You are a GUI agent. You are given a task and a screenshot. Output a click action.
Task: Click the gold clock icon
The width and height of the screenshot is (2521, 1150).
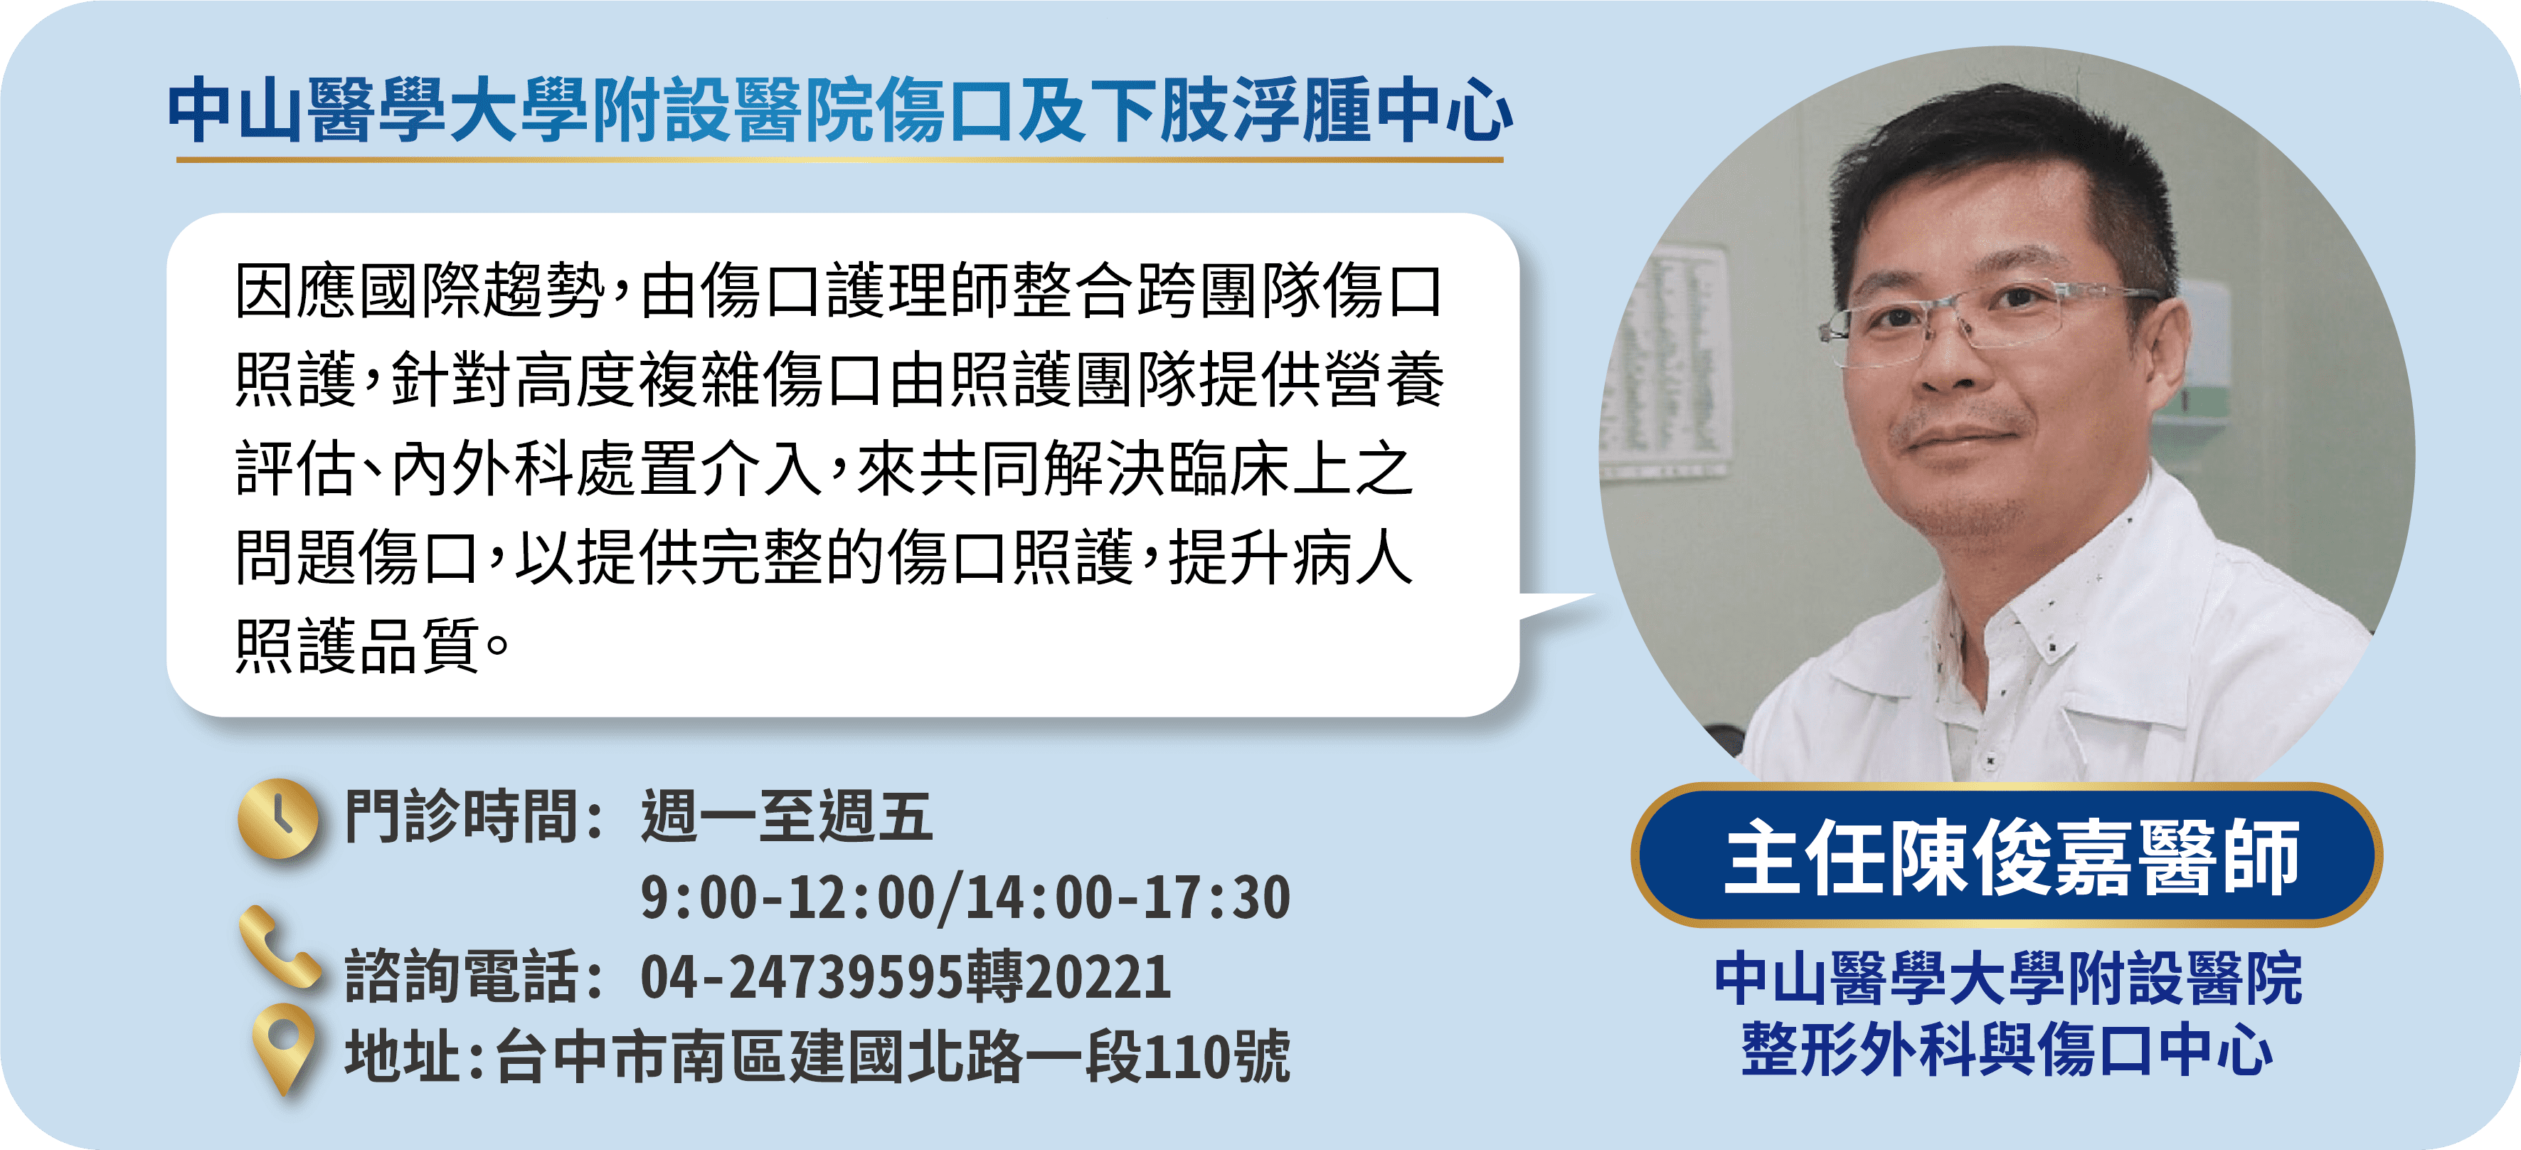pyautogui.click(x=278, y=818)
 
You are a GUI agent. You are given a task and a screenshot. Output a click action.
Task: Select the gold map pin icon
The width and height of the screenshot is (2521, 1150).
pyautogui.click(x=283, y=1048)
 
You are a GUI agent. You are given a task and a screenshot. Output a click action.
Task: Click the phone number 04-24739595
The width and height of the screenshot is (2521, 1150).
pyautogui.click(x=802, y=977)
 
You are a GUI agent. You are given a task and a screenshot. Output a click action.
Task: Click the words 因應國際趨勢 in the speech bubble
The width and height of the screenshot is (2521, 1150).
pyautogui.click(x=420, y=292)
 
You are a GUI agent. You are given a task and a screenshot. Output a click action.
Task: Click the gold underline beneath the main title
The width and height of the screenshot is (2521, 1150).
pyautogui.click(x=839, y=159)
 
